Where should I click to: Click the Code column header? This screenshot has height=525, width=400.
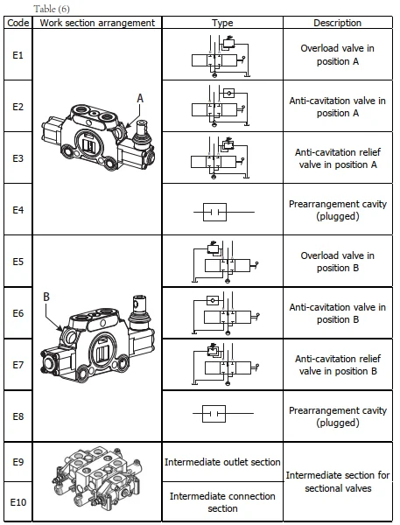pos(18,23)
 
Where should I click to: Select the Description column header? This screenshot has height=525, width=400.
pos(337,23)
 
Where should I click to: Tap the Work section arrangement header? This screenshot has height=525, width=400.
pos(97,23)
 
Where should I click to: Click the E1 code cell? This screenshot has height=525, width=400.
pos(18,55)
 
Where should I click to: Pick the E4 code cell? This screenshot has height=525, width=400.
pos(18,210)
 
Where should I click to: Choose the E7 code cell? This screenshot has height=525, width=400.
pos(18,365)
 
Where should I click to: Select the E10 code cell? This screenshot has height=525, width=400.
pos(18,502)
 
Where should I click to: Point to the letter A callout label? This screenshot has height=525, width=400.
pos(140,98)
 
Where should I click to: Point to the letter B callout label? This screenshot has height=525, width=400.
pos(46,297)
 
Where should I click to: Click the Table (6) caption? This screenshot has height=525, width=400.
pos(52,9)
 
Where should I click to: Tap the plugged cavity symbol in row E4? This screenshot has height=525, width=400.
pos(224,212)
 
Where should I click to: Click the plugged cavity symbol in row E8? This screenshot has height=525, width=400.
pos(223,414)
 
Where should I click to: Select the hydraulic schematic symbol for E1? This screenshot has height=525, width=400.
pos(221,56)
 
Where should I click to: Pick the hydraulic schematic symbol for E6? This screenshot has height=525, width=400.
pos(226,313)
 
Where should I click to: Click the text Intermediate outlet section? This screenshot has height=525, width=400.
pos(222,462)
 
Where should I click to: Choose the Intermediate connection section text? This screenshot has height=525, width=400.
pos(222,502)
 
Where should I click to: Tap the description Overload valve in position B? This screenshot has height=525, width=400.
pos(337,262)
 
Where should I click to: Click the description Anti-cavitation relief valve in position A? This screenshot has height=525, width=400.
pos(337,158)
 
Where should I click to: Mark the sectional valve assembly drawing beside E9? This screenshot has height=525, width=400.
pos(97,480)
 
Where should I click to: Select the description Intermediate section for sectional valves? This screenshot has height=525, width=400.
pos(338,481)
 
